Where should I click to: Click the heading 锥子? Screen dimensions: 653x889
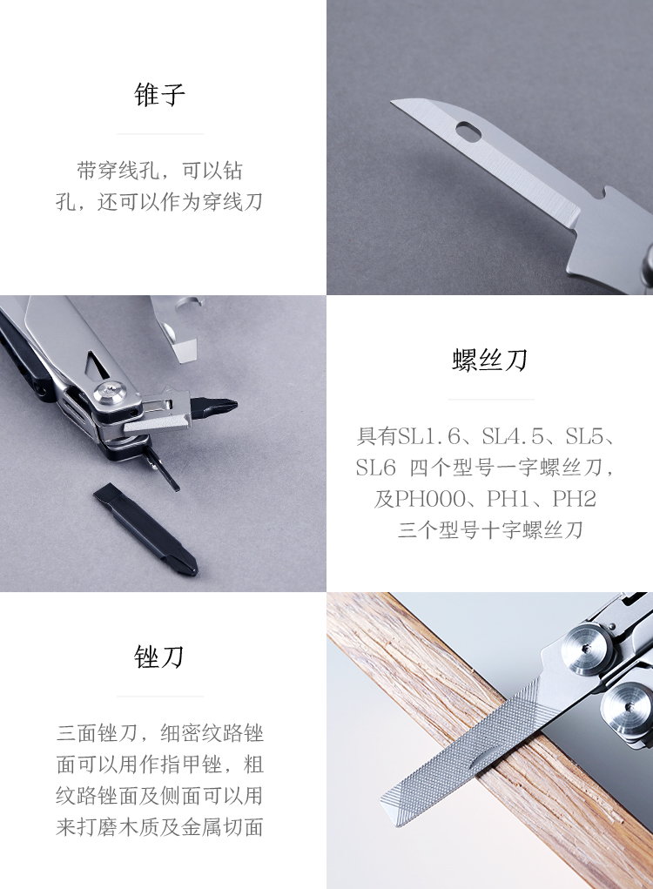pyautogui.click(x=160, y=94)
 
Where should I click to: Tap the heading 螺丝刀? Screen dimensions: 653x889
pyautogui.click(x=490, y=360)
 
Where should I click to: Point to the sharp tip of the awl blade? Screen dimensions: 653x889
pyautogui.click(x=393, y=103)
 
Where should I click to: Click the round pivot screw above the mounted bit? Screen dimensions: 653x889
pyautogui.click(x=110, y=391)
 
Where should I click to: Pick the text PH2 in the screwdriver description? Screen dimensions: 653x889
pyautogui.click(x=575, y=499)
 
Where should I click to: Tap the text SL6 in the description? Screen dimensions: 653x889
pyautogui.click(x=375, y=468)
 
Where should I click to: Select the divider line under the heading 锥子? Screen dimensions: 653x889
pyautogui.click(x=160, y=134)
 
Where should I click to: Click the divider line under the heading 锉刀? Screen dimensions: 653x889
pyautogui.click(x=160, y=697)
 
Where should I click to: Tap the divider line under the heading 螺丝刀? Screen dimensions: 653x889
pyautogui.click(x=491, y=399)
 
